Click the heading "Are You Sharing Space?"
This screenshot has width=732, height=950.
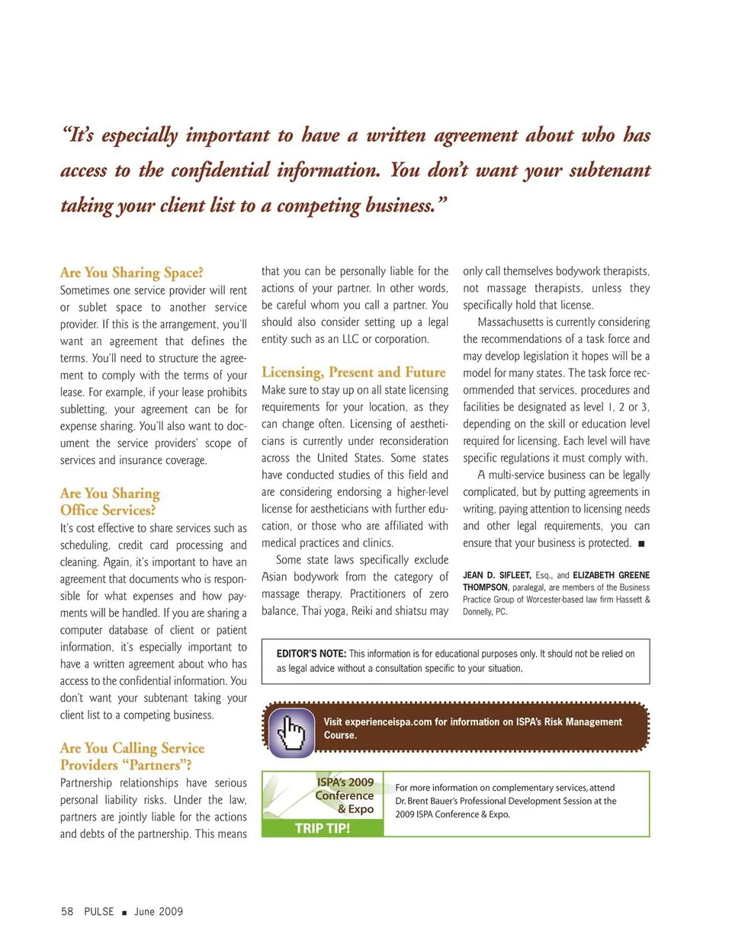point(132,272)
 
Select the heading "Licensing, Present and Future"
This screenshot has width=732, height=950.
point(353,372)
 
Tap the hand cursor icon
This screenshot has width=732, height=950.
point(291,733)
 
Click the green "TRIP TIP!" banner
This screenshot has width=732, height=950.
point(323,828)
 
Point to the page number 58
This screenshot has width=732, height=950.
point(67,911)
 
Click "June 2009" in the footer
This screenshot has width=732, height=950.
point(159,911)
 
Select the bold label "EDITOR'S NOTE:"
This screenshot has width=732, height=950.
point(311,654)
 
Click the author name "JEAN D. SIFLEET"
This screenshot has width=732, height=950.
point(496,575)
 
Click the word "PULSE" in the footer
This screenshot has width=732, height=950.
point(99,911)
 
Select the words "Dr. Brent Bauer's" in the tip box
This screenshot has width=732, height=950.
point(432,801)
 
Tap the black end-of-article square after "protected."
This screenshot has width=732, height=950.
point(641,543)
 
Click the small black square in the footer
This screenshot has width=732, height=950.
point(124,912)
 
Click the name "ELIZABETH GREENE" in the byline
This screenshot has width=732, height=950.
point(612,575)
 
